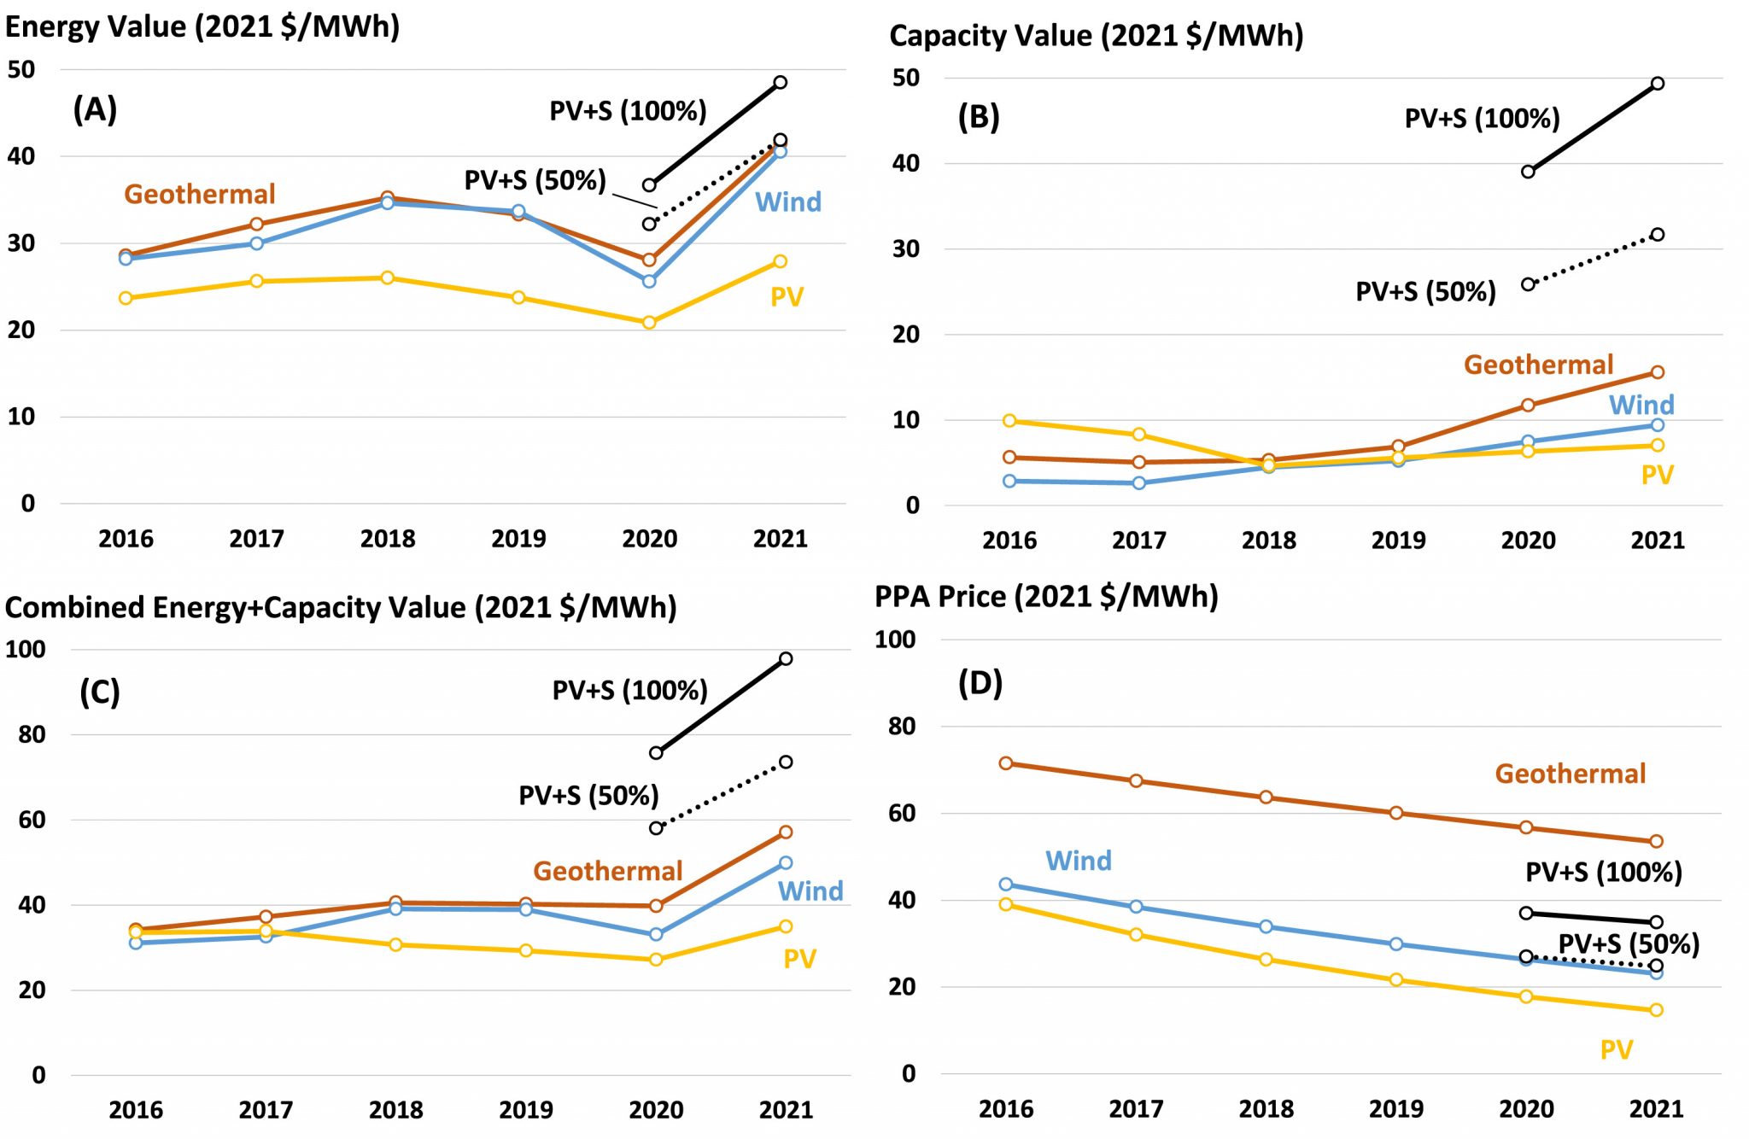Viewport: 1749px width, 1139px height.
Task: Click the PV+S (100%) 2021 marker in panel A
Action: coord(781,83)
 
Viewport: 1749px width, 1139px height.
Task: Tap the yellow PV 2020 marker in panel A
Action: coord(649,323)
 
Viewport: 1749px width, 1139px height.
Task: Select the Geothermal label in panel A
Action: coord(200,194)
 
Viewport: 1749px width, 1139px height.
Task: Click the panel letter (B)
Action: coord(979,116)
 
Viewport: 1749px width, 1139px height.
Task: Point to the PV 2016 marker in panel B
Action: coord(1009,421)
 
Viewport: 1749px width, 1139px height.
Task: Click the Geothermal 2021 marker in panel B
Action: coord(1658,372)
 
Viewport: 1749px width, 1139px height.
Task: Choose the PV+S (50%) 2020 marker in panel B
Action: coord(1528,284)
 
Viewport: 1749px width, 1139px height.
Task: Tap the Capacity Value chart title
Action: coord(1096,36)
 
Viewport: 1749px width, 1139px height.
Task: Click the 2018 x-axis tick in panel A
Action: coord(388,539)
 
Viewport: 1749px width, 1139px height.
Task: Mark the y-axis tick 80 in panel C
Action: coord(32,734)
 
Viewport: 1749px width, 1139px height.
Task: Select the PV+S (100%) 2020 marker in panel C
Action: coord(656,753)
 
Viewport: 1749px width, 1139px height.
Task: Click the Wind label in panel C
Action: coord(810,891)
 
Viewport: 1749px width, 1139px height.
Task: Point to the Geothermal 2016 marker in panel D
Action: coord(1006,763)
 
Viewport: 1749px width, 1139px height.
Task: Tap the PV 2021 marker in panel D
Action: coord(1657,1010)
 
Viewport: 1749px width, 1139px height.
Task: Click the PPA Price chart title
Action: coord(1046,596)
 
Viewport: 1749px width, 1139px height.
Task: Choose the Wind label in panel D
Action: coord(1079,861)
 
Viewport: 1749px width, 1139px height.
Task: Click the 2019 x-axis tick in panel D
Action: coord(1396,1108)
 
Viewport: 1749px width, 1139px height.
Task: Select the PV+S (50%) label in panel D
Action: coord(1629,943)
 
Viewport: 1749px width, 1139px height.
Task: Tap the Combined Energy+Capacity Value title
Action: coord(341,607)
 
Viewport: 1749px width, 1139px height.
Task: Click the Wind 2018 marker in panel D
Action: coord(1266,926)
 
